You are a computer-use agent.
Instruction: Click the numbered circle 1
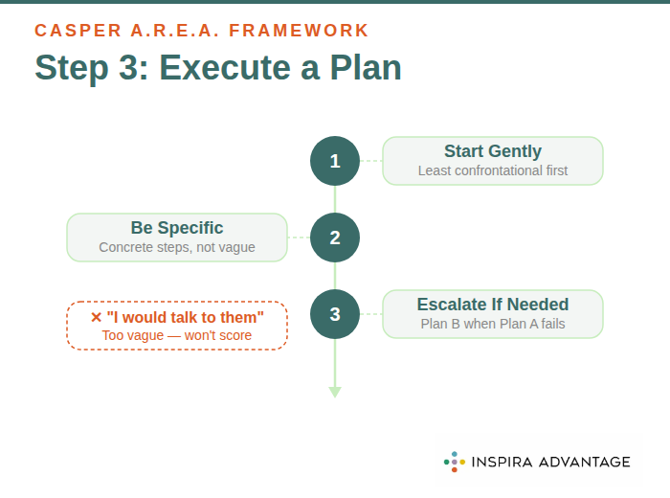pos(335,161)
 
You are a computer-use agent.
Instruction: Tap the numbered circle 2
pos(335,238)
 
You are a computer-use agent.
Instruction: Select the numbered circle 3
pos(335,314)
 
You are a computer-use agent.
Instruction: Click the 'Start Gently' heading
pos(493,151)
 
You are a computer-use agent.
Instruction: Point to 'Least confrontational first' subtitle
pos(493,170)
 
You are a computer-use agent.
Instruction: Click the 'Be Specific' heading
pos(177,228)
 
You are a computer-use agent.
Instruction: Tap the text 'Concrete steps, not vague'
pos(177,247)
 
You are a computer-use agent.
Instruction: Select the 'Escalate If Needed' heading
pos(493,305)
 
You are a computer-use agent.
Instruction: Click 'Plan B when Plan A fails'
pos(493,324)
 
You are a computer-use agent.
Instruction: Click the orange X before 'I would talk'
pos(96,317)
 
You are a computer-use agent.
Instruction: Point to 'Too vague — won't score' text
pos(177,335)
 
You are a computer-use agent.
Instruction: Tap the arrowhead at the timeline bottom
pos(335,391)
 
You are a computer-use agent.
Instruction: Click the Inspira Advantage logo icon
pos(454,462)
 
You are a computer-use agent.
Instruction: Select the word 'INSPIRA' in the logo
pos(504,462)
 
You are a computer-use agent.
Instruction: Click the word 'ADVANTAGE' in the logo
pos(587,462)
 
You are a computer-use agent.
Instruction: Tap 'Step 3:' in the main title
pos(91,69)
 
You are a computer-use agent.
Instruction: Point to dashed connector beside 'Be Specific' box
pos(299,238)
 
